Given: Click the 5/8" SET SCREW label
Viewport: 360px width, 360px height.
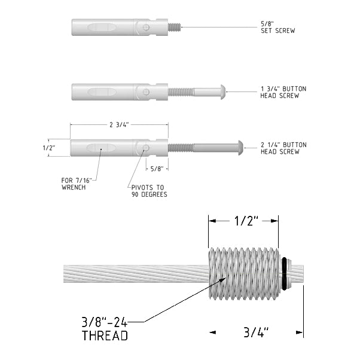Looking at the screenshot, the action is tap(278, 27).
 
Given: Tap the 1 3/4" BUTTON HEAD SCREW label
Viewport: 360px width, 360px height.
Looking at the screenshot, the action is tap(283, 92).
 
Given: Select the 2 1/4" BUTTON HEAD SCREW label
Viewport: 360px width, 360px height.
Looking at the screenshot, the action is tap(283, 148).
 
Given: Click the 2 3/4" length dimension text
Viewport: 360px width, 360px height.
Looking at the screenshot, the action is tap(119, 124).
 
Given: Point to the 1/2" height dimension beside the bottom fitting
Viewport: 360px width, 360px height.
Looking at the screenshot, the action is tap(49, 148).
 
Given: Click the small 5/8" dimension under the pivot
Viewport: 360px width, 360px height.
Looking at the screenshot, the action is tap(157, 169).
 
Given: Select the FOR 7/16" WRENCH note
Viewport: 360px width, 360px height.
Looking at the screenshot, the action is tap(77, 184).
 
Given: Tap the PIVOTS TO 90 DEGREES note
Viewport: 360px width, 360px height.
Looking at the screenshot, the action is tap(150, 191).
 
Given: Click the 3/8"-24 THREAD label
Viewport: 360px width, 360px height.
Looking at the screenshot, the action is tap(105, 329).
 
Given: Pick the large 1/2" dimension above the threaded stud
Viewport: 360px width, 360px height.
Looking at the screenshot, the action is tap(246, 221).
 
